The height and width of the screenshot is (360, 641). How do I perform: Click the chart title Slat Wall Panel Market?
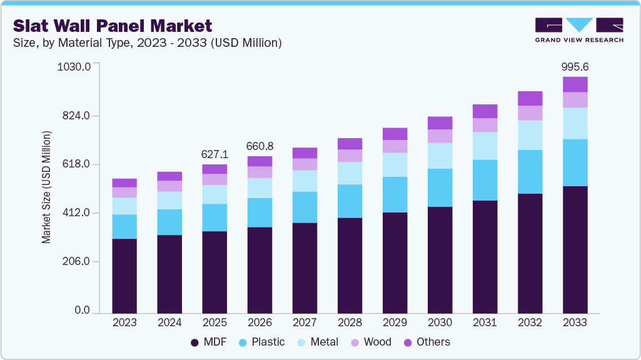click(113, 26)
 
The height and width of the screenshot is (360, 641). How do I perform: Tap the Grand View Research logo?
click(578, 30)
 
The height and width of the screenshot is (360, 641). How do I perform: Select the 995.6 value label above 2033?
click(575, 67)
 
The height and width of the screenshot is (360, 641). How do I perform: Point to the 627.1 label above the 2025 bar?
click(215, 154)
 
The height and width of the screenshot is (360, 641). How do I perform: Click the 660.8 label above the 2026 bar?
click(260, 146)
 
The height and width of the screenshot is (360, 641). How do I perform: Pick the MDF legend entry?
click(208, 342)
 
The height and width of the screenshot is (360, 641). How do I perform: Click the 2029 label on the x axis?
click(395, 322)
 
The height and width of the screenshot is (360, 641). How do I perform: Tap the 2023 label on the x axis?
click(124, 322)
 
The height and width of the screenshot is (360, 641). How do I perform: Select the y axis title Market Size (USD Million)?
click(46, 187)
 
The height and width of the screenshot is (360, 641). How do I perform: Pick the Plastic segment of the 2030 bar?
click(440, 187)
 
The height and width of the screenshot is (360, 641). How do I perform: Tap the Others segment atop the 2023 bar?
click(124, 182)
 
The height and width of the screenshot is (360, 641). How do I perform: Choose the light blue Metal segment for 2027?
click(305, 181)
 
